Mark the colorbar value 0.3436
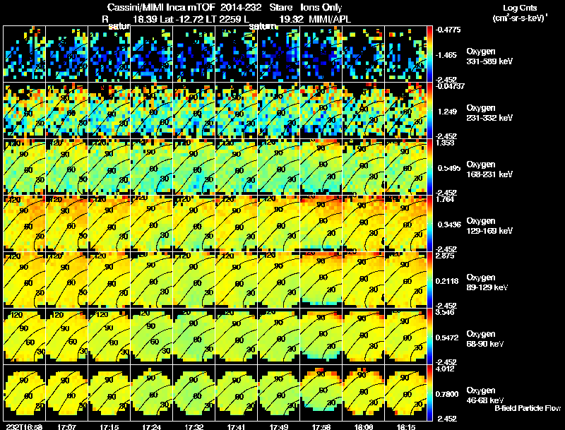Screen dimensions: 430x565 point(448,224)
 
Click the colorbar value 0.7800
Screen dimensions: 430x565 point(448,393)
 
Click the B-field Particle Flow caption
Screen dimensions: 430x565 point(527,408)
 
